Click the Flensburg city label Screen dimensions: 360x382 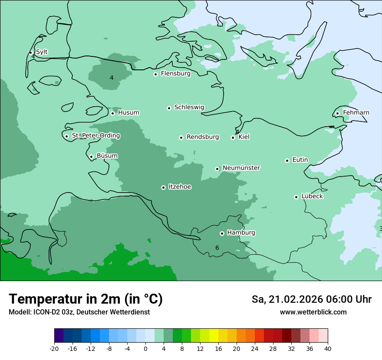pos(175,74)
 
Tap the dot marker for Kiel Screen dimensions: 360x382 pos(233,137)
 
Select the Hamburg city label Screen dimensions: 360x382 pos(241,233)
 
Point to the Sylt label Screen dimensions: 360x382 pos(42,52)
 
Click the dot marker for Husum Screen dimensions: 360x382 pos(112,113)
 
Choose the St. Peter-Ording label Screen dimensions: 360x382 pos(96,136)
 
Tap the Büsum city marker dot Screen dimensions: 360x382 pos(91,157)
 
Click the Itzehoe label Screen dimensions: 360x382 pos(180,187)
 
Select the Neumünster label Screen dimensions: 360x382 pos(241,168)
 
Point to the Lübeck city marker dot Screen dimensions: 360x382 pos(296,197)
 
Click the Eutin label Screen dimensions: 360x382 pos(300,160)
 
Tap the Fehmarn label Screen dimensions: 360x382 pos(356,113)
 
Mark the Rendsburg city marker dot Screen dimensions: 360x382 pos(181,137)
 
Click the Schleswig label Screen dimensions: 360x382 pos(189,107)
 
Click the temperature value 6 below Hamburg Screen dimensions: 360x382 pos(217,248)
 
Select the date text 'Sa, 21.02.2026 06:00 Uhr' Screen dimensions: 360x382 pos(311,299)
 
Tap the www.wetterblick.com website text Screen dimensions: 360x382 pos(313,312)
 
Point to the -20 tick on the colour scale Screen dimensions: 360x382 pos(54,349)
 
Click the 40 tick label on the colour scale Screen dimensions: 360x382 pos(327,349)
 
